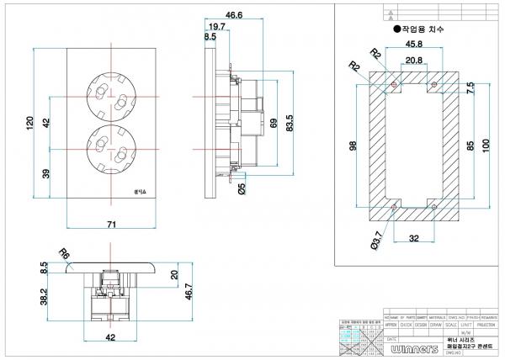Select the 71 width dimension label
pos(111,225)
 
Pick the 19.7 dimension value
pos(216,27)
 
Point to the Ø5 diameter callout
pos(242,188)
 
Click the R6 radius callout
pos(63,253)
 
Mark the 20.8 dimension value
pos(413,60)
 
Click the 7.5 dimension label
pos(470,87)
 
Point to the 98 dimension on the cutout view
pos(352,146)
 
